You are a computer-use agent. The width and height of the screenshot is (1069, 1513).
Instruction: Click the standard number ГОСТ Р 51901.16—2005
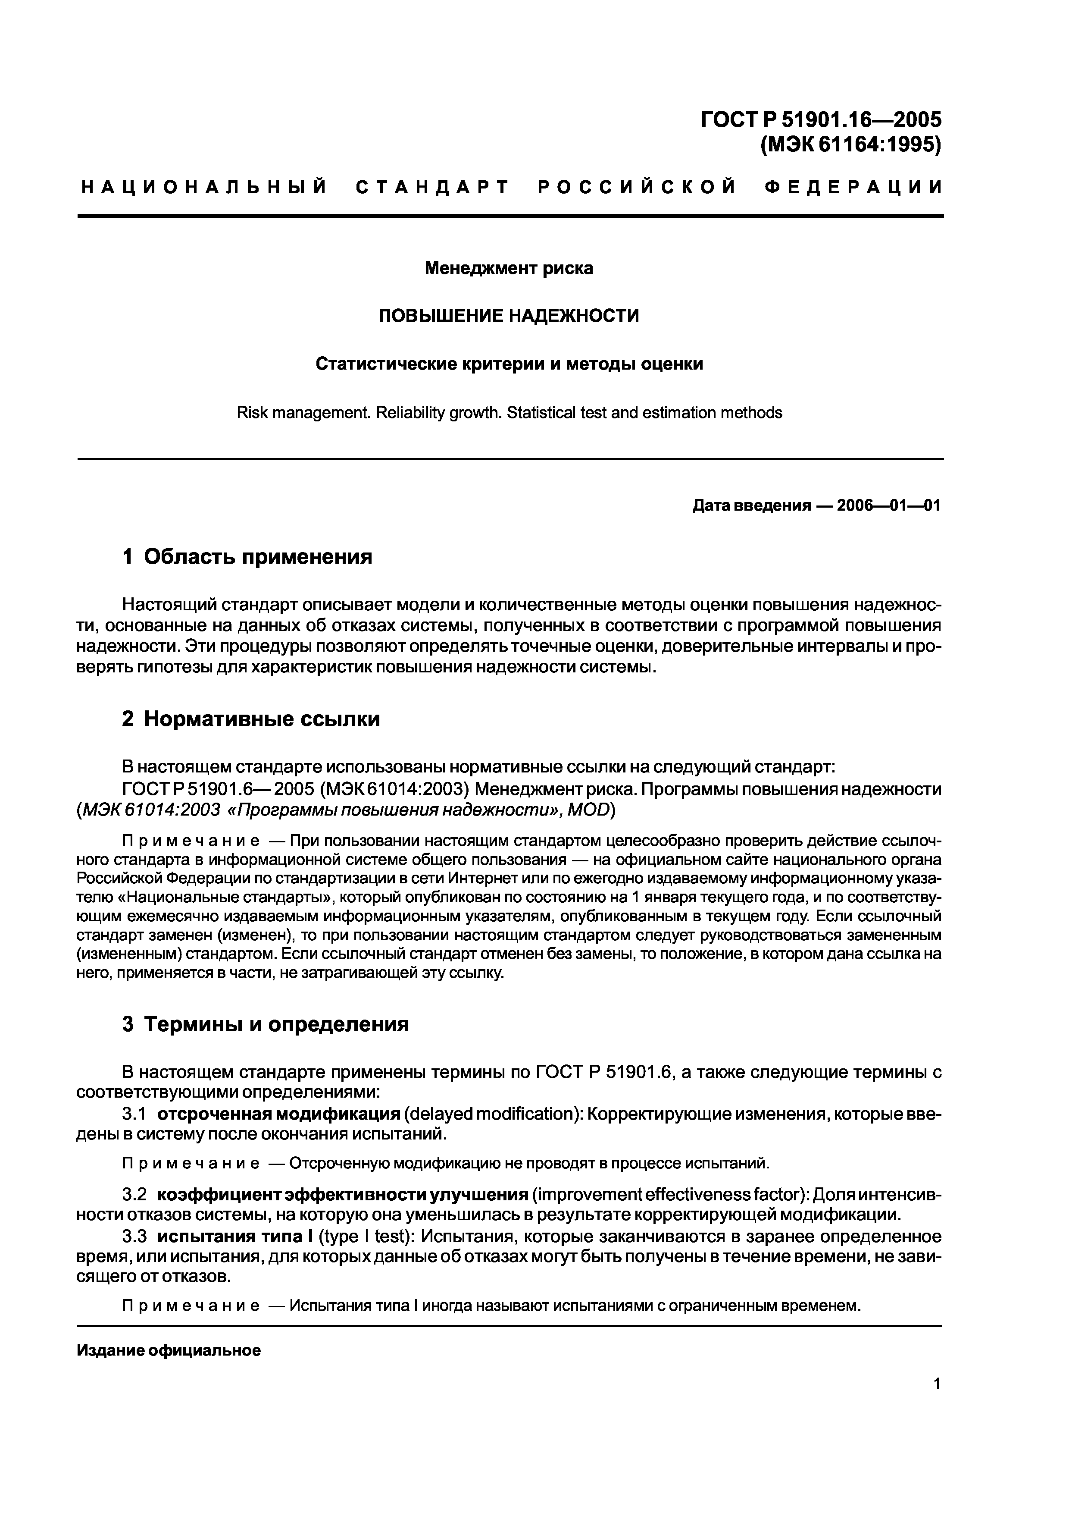(821, 119)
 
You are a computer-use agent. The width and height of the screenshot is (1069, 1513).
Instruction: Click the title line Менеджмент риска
(509, 268)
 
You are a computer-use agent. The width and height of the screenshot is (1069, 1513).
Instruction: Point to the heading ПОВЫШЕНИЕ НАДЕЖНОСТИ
(509, 316)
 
